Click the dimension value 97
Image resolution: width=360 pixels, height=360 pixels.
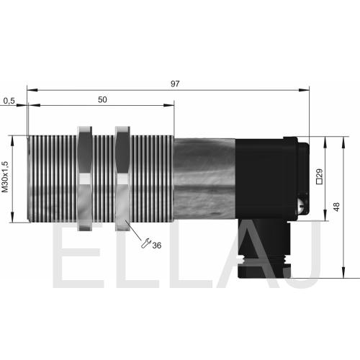coord(175,84)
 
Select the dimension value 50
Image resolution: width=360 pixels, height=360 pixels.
coord(102,99)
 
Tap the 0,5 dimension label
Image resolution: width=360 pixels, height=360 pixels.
coord(9,101)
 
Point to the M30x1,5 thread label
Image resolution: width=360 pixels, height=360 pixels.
coord(5,177)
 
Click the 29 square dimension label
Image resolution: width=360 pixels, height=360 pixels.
coord(320,176)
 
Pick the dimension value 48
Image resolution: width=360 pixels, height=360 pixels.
coord(336,207)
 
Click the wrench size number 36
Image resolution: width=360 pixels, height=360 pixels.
coord(157,246)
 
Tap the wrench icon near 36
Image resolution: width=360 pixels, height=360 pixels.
coord(145,243)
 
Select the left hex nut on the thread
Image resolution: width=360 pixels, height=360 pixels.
coord(85,179)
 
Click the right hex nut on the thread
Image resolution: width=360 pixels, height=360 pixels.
coord(122,179)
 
